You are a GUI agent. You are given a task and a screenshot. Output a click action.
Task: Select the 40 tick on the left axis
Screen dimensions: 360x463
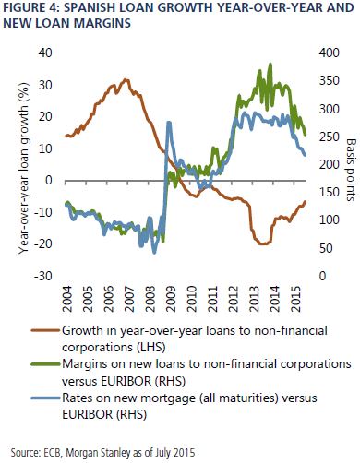tap(45, 53)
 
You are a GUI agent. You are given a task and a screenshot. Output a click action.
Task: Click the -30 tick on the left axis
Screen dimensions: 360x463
tap(43, 276)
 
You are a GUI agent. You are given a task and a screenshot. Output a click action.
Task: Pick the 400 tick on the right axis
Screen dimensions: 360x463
tap(330, 53)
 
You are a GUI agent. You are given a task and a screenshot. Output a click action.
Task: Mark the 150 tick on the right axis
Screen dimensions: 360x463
tap(330, 193)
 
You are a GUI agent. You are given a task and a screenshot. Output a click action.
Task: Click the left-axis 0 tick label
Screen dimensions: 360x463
tap(49, 180)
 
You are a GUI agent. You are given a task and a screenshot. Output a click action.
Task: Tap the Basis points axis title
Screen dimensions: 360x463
tap(351, 170)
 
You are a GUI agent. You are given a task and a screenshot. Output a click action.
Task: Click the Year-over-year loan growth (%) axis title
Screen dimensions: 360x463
tap(24, 169)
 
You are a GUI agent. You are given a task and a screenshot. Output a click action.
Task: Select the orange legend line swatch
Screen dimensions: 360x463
tap(45, 331)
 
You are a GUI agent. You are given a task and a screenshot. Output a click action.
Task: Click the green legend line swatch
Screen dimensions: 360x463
tap(45, 364)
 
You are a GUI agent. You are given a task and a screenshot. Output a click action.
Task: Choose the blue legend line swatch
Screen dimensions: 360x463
tap(45, 398)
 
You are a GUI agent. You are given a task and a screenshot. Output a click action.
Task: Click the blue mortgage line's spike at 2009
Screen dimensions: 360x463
tap(169, 123)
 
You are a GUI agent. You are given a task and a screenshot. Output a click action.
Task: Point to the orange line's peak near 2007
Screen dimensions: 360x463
tap(126, 80)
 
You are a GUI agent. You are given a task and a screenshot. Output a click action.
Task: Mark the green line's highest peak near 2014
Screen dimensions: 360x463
tap(270, 65)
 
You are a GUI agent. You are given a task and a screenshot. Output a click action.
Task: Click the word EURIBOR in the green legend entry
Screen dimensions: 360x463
tap(124, 381)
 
